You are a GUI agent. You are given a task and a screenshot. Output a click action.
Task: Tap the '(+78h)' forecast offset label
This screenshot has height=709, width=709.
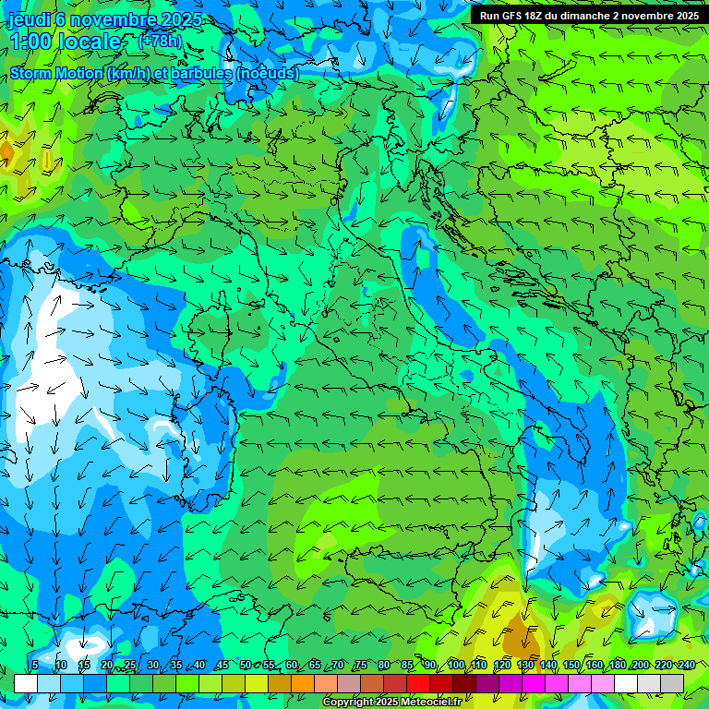[x=160, y=42]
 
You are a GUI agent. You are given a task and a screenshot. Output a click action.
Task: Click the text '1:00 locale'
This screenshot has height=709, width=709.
[x=66, y=42]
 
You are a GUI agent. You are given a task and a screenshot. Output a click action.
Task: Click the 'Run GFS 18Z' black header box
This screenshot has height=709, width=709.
[x=589, y=15]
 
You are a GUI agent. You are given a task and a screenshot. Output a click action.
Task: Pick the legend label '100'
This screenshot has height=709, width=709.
[x=456, y=666]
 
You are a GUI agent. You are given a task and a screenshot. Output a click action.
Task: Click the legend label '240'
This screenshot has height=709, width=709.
[x=687, y=666]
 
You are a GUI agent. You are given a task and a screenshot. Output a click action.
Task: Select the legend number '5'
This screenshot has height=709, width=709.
[x=35, y=666]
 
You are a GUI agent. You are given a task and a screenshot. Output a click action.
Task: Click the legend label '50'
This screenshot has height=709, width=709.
[x=245, y=666]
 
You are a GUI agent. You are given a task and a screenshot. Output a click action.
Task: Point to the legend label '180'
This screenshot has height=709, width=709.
[x=618, y=666]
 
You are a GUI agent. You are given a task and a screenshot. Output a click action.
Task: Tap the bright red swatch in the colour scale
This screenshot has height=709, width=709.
[x=418, y=683]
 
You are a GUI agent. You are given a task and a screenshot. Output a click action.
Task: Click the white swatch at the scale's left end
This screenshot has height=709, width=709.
[x=26, y=683]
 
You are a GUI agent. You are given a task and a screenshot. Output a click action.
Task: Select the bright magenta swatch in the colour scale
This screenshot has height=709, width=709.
[x=534, y=683]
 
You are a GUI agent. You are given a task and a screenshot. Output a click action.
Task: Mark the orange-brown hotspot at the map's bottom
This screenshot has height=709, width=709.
[x=521, y=638]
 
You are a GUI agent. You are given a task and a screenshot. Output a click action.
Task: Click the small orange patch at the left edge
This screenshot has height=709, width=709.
[x=6, y=150]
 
